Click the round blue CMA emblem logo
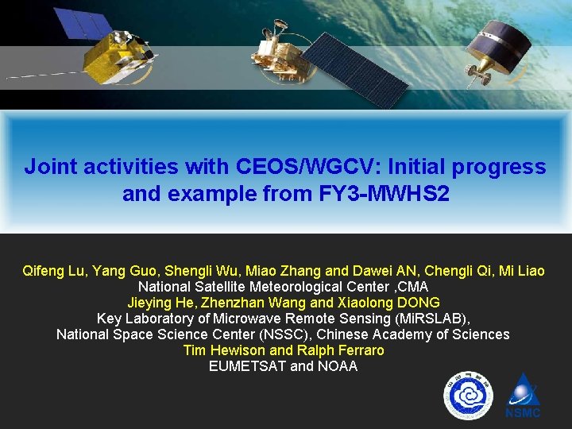pos(468,396)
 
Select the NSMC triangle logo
pos(523,395)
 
